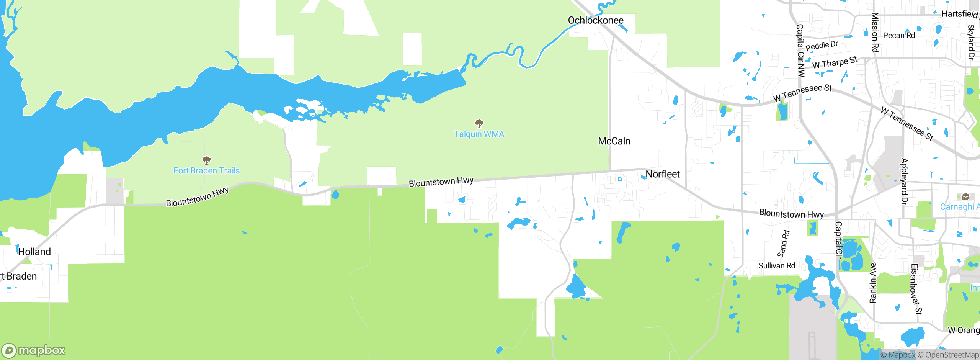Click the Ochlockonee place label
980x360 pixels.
point(595,20)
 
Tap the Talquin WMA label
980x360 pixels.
point(479,134)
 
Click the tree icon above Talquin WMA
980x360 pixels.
point(479,123)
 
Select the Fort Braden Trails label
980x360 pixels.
point(206,171)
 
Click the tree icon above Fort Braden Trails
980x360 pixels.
point(207,160)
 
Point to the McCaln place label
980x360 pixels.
point(614,141)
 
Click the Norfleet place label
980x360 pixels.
point(662,174)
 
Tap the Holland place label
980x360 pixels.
point(34,252)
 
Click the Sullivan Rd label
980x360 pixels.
point(777,266)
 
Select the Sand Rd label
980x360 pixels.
point(783,244)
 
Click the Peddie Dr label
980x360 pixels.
point(822,46)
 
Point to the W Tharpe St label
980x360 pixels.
point(835,62)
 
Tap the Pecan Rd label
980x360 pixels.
point(899,36)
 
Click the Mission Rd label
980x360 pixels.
point(875,32)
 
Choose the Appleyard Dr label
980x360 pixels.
point(904,182)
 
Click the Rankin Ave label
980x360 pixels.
point(873,283)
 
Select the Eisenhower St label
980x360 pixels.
point(916,289)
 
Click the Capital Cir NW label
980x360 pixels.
point(800,51)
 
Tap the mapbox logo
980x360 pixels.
point(34,350)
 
